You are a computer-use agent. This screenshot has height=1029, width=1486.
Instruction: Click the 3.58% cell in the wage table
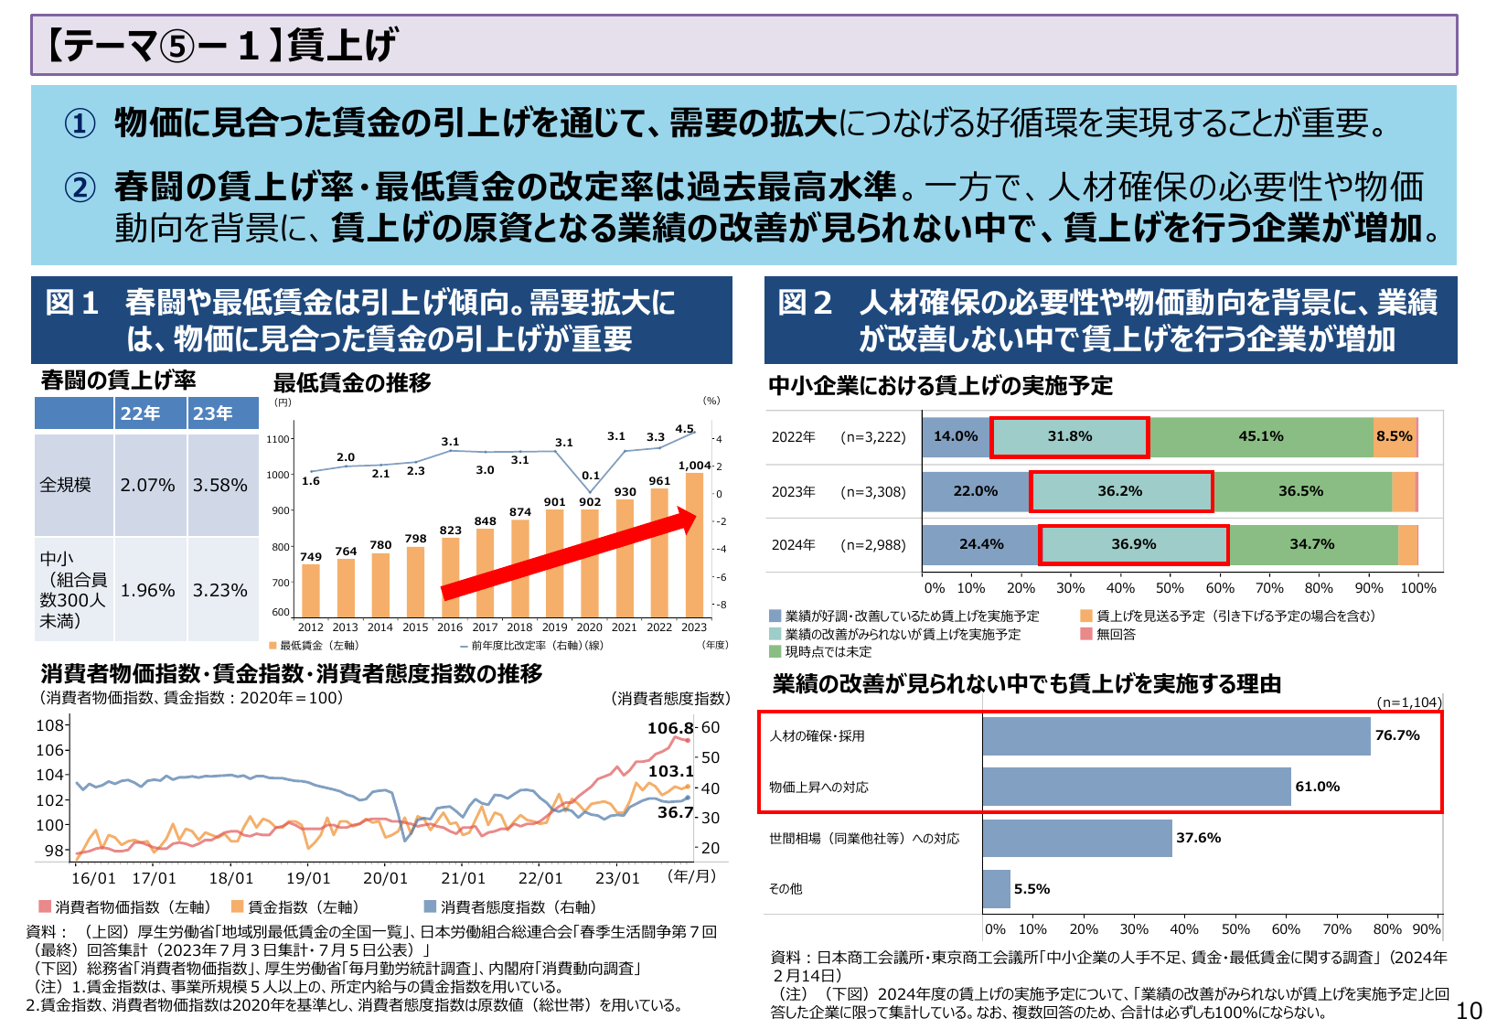click(x=219, y=485)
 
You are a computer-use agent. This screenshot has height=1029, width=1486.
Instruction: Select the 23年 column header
click(x=212, y=413)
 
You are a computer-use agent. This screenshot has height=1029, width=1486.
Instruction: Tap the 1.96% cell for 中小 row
click(x=147, y=590)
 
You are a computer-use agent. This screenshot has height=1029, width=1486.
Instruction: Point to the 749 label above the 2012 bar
click(x=311, y=556)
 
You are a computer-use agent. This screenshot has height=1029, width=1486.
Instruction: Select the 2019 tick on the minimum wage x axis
click(x=554, y=627)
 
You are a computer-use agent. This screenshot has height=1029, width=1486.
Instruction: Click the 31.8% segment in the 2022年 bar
click(x=1070, y=436)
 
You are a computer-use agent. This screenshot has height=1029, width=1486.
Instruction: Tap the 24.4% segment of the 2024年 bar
click(x=980, y=544)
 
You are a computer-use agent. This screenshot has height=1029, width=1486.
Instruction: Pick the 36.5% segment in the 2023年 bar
click(x=1300, y=491)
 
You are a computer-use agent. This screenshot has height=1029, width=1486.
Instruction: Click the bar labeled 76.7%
click(x=1176, y=735)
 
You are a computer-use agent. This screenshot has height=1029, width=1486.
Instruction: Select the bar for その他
click(x=996, y=889)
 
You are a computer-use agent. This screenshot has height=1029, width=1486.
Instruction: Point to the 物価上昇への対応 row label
click(x=818, y=787)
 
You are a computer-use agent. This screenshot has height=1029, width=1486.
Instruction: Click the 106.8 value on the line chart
click(x=670, y=728)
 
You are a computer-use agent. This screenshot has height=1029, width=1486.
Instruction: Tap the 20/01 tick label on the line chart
click(x=385, y=878)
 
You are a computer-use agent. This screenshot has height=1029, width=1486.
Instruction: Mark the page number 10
click(x=1469, y=1011)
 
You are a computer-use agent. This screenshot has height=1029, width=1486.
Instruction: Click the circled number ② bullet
click(x=80, y=188)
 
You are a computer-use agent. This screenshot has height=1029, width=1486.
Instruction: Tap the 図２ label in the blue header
click(x=805, y=303)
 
